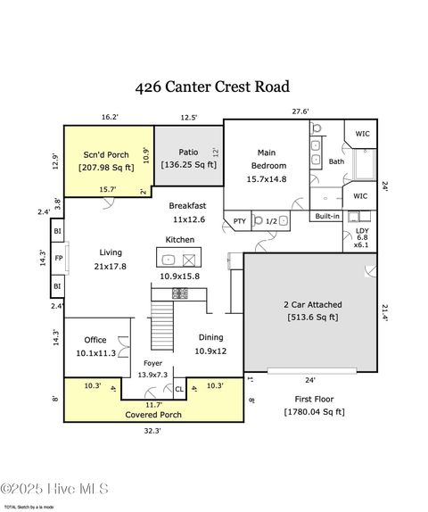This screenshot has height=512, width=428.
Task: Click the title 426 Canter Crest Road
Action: click(x=212, y=87)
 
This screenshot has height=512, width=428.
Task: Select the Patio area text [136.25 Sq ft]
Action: click(x=188, y=165)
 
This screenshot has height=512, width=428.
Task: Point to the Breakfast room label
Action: click(x=187, y=205)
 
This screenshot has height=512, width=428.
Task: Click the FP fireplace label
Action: click(x=58, y=258)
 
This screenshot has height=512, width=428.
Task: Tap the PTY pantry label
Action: click(x=239, y=221)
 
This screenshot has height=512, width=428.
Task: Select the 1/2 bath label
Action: click(x=271, y=221)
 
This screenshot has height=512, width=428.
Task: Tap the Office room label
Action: click(x=95, y=340)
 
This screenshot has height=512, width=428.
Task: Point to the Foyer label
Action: click(x=153, y=363)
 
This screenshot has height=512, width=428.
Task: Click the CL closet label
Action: click(x=178, y=389)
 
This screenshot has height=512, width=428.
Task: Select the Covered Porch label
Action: click(x=152, y=415)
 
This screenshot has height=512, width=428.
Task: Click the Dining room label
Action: click(x=210, y=337)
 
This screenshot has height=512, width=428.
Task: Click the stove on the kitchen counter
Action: click(x=179, y=293)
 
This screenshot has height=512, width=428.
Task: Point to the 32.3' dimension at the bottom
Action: click(x=152, y=431)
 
